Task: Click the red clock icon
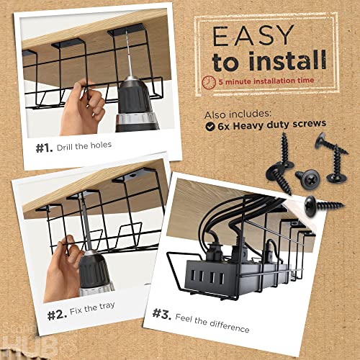(209, 81)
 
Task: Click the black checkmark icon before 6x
(210, 124)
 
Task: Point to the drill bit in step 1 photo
(128, 58)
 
